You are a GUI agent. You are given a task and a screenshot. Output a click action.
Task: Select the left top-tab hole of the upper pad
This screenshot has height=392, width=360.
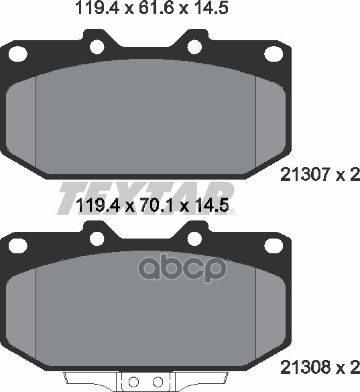click(x=95, y=46)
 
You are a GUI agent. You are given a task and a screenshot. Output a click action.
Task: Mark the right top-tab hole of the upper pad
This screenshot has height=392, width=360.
click(x=195, y=46)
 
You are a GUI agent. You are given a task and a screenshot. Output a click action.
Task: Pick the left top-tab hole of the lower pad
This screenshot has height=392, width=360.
click(x=95, y=237)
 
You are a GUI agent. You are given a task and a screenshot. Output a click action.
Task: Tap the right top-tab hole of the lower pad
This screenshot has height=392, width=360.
click(x=195, y=237)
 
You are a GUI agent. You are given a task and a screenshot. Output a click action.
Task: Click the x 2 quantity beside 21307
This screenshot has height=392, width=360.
click(x=348, y=176)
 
